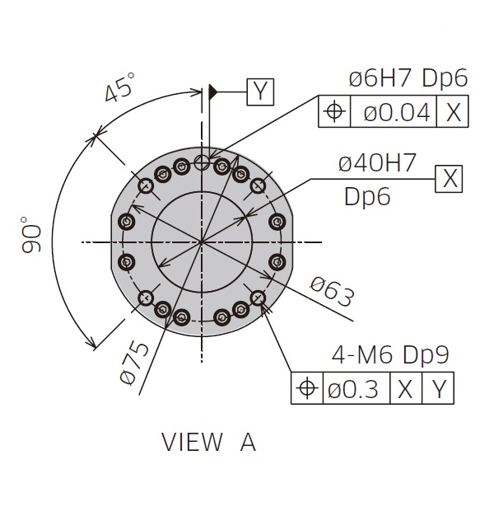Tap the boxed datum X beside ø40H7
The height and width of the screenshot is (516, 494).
coord(450,177)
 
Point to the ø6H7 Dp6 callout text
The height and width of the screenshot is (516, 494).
coord(408,79)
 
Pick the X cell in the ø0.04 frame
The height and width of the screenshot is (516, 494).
coord(453,112)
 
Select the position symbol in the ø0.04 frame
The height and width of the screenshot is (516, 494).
coord(334,112)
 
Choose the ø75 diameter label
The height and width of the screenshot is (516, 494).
coord(134,363)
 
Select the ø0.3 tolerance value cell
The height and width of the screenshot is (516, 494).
coord(355,388)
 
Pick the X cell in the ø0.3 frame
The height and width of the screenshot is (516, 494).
coord(404,388)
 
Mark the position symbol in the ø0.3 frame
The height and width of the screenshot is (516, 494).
coord(306,388)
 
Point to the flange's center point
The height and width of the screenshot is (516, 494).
coord(201,242)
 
